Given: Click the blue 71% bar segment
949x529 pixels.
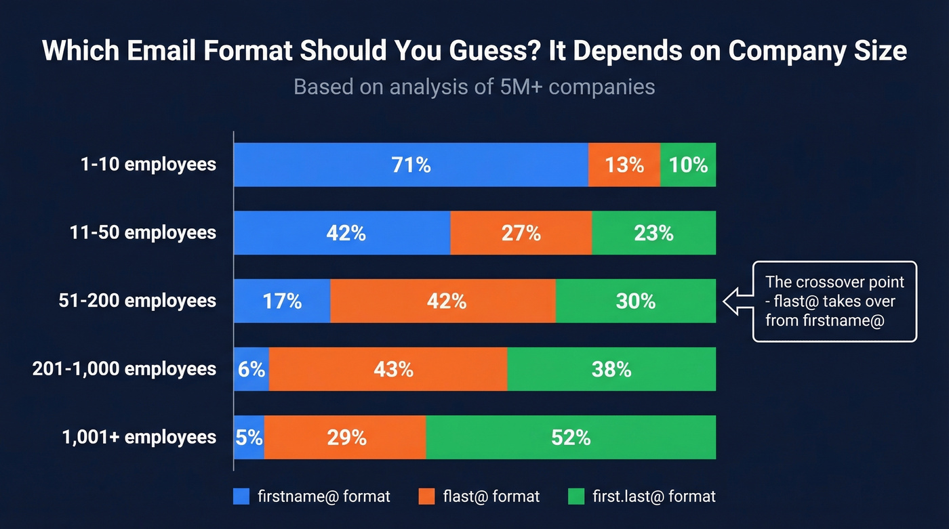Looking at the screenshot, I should click(x=411, y=165).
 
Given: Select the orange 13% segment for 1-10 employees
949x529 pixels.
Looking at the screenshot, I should click(x=624, y=165).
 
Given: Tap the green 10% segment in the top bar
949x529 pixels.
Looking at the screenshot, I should click(x=687, y=165).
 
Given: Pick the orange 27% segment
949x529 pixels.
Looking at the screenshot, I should click(x=521, y=233).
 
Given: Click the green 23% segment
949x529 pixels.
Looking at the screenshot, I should click(x=653, y=233).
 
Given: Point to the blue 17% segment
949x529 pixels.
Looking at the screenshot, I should click(x=282, y=301).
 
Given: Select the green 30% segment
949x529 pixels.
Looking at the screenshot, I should click(x=635, y=301).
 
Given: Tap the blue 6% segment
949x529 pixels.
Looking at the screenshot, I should click(x=251, y=369).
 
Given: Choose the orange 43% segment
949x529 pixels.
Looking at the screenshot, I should click(x=393, y=369).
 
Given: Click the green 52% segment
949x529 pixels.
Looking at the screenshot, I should click(x=571, y=438).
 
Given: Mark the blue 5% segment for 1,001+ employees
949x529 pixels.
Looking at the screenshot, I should click(x=249, y=438).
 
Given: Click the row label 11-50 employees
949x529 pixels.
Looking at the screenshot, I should click(x=142, y=233).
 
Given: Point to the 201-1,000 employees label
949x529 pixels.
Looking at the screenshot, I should click(x=124, y=369).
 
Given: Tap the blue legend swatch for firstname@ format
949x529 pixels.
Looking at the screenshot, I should click(x=241, y=496).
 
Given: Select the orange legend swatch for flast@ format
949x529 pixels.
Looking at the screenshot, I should click(x=426, y=496).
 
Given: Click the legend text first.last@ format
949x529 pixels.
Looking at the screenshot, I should click(x=653, y=496).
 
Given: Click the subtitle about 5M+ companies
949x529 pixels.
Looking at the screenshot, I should click(x=474, y=87).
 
